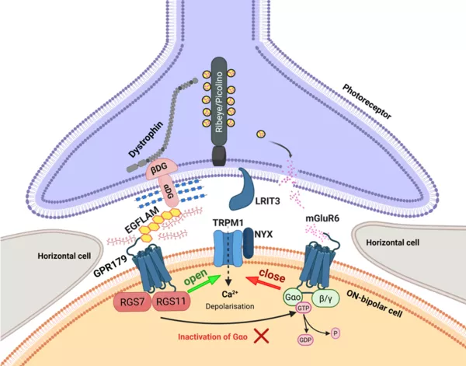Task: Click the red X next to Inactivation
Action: pos(267,336)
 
